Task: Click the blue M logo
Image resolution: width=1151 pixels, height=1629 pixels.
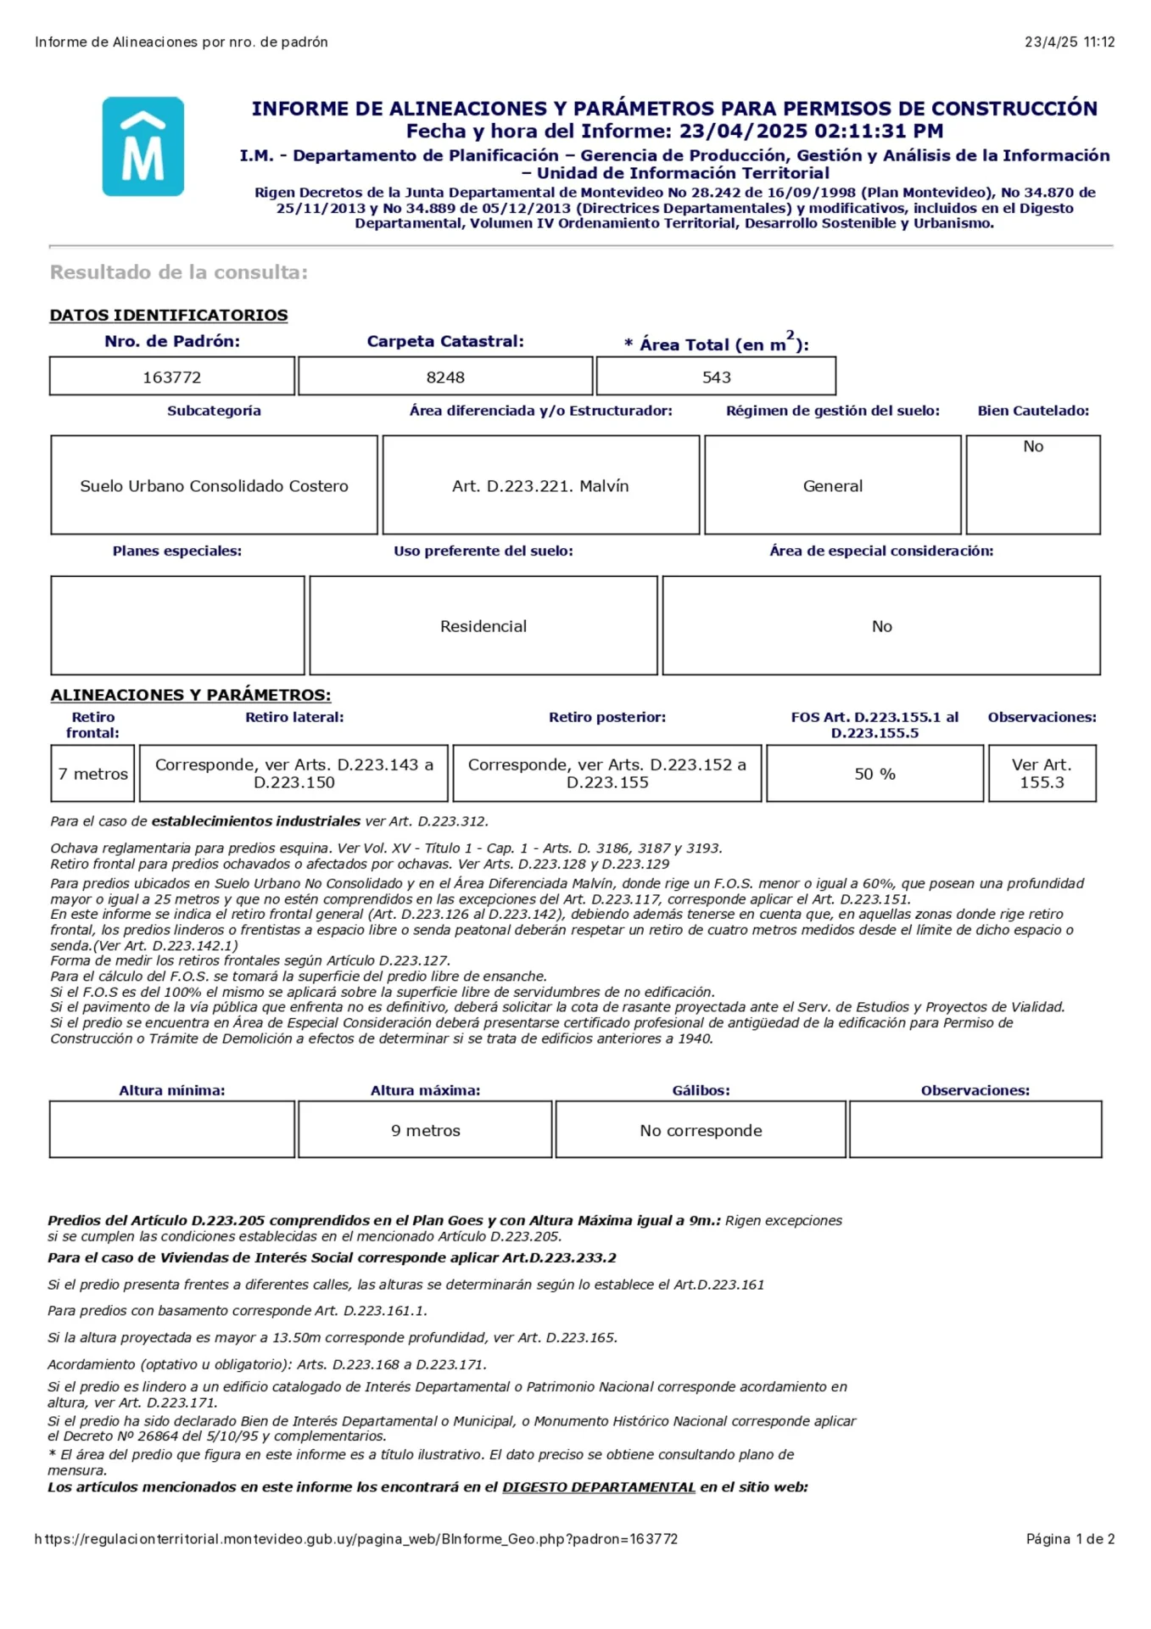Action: (143, 147)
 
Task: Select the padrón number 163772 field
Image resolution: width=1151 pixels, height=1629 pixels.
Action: (172, 377)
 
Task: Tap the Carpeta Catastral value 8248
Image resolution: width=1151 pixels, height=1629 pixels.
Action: (445, 377)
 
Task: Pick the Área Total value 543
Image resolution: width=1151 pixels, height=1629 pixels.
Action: (716, 377)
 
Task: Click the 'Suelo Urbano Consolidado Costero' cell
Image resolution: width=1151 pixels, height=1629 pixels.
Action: (214, 486)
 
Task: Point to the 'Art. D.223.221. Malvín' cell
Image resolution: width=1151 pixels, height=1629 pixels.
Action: (540, 486)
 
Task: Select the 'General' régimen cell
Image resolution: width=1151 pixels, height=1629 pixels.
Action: (832, 486)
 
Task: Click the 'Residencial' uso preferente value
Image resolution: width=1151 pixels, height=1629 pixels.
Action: (483, 626)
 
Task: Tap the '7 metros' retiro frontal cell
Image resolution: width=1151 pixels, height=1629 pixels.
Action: (92, 774)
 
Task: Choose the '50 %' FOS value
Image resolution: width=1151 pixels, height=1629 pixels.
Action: (874, 774)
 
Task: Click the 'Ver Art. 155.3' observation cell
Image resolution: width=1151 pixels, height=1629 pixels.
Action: (1042, 774)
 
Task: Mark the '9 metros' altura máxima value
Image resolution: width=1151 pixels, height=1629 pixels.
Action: (425, 1130)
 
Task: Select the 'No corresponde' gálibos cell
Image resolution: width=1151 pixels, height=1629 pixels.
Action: (701, 1130)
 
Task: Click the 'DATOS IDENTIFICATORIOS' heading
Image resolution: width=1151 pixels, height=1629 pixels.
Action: (169, 316)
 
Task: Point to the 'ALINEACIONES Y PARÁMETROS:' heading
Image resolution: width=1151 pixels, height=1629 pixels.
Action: (191, 695)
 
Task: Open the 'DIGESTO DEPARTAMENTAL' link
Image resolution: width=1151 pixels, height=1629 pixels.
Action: (599, 1486)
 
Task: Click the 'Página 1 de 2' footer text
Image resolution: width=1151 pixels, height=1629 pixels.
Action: (1070, 1539)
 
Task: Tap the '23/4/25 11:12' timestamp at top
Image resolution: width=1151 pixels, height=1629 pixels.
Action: (1070, 42)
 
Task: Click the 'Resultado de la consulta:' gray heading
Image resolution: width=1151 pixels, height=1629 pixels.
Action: (179, 272)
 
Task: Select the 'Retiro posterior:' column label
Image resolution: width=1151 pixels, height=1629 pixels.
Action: (607, 717)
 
